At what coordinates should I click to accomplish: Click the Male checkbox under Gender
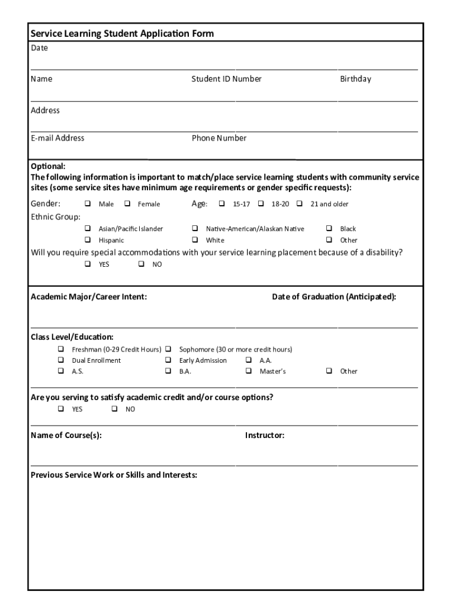tap(87, 204)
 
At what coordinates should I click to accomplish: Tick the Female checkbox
tap(127, 204)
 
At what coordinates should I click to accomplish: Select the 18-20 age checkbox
tap(261, 204)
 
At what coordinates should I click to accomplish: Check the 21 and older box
tap(300, 204)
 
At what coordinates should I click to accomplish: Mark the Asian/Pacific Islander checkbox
tap(87, 228)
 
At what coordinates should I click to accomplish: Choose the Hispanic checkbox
tap(87, 240)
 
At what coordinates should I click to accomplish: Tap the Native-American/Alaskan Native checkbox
tap(194, 228)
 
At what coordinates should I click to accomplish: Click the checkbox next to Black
tap(329, 228)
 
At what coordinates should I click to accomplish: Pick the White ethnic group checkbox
tap(194, 240)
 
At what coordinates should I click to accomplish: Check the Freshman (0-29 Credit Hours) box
tap(60, 349)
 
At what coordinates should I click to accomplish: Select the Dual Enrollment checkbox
tap(60, 360)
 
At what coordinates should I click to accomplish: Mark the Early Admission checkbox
tap(168, 360)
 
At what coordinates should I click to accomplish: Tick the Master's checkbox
tap(248, 371)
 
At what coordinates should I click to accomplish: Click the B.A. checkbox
tap(168, 371)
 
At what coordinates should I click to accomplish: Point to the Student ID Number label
tap(226, 79)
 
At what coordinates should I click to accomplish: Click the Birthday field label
tap(355, 79)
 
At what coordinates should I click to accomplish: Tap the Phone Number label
tap(219, 138)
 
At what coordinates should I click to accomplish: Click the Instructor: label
tap(265, 436)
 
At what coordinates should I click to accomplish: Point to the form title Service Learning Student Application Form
tap(123, 34)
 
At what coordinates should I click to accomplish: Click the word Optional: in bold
tap(48, 166)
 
